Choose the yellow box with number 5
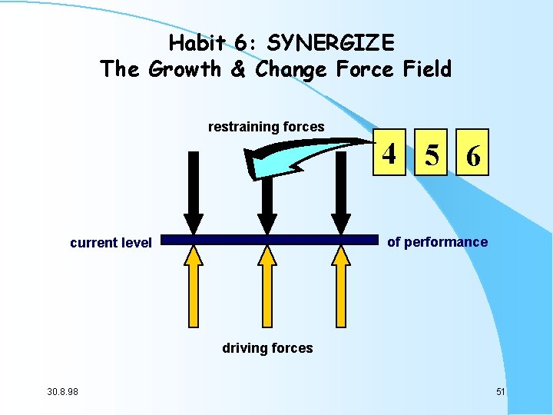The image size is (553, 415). [x=432, y=156]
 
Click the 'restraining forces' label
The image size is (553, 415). [x=266, y=127]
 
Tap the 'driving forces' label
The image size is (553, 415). [x=267, y=348]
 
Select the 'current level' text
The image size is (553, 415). [x=111, y=243]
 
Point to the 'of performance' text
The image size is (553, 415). [x=437, y=242]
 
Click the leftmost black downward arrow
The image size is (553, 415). [x=194, y=192]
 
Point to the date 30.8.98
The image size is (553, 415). [x=68, y=392]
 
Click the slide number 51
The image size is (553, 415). [x=500, y=392]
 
